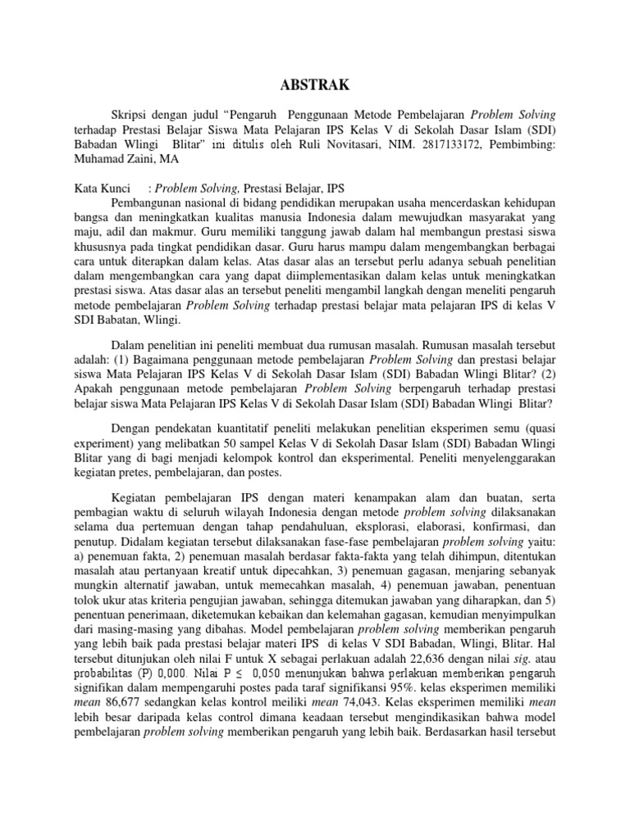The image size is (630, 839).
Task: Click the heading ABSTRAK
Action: (315, 84)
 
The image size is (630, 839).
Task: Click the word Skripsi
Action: (135, 115)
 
